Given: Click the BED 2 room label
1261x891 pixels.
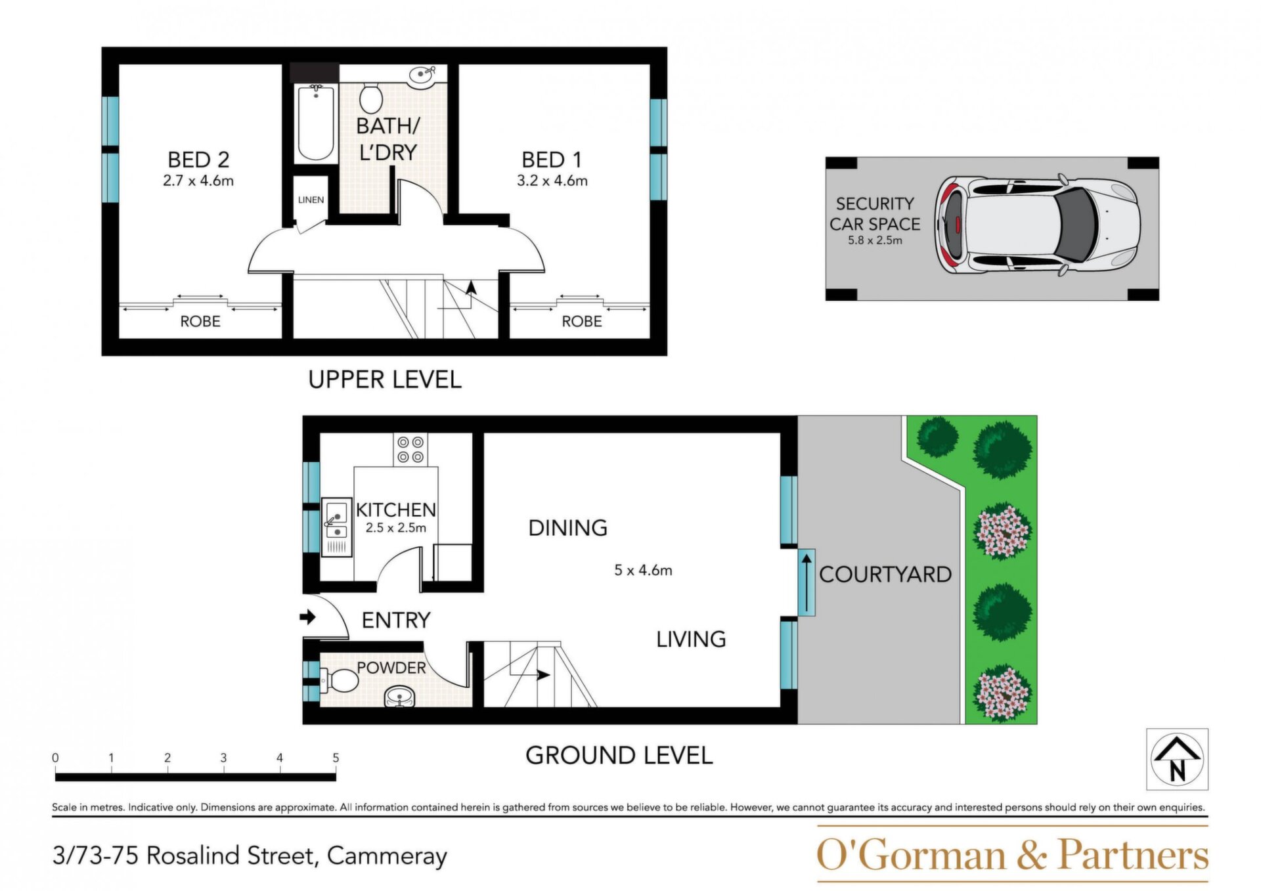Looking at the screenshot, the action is (x=198, y=160).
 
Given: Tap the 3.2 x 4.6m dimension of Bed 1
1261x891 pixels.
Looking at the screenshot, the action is (x=552, y=181).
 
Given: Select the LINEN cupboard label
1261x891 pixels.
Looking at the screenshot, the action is (x=311, y=200).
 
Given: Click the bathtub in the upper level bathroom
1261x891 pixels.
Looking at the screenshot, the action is (x=315, y=123).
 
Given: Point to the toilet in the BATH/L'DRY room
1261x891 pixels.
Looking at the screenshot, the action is (x=371, y=98).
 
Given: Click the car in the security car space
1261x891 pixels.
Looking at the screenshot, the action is (x=1037, y=225).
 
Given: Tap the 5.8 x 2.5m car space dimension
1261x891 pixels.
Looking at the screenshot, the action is (x=875, y=240).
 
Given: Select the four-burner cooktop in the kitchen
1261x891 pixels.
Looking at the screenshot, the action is (x=410, y=450).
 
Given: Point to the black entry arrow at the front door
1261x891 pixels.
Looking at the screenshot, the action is (x=307, y=617).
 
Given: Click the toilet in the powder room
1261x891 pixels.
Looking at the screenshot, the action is (x=338, y=680).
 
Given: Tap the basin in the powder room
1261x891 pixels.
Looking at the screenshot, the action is (x=400, y=696).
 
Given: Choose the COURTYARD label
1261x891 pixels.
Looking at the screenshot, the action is (x=885, y=575).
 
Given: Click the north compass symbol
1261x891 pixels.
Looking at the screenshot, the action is (x=1178, y=759).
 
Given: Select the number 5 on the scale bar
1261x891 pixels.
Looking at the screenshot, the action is (x=336, y=758).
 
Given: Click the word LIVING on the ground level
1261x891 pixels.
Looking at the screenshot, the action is (x=691, y=639).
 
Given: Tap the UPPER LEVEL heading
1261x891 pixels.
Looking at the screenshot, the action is (x=385, y=380).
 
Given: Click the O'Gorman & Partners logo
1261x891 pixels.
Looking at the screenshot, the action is (x=1012, y=855).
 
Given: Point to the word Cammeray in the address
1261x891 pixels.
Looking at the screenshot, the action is (x=387, y=856).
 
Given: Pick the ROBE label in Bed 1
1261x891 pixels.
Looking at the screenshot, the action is (x=582, y=321).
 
